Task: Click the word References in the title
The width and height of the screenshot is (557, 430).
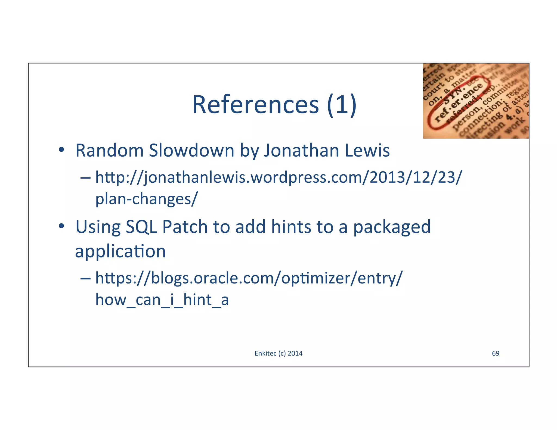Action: point(255,105)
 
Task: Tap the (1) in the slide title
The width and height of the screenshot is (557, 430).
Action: point(341,105)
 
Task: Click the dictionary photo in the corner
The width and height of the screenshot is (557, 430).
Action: point(476,101)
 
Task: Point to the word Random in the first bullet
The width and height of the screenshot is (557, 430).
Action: point(109,150)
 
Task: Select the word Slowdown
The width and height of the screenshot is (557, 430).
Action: point(191,150)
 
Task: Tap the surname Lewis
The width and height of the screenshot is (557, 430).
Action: point(367,150)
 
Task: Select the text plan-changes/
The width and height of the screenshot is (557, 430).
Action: point(146,199)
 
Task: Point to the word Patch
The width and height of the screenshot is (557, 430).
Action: point(185,227)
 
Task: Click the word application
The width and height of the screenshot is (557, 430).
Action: point(120,251)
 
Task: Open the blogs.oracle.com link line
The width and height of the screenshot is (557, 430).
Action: point(249,278)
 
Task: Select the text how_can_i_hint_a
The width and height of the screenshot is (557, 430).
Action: point(162,300)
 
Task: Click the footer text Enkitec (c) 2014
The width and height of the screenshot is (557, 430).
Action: point(278,353)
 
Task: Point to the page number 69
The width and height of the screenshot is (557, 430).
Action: point(496,353)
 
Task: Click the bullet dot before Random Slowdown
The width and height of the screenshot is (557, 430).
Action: point(61,150)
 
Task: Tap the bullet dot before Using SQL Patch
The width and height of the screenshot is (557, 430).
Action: point(61,226)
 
